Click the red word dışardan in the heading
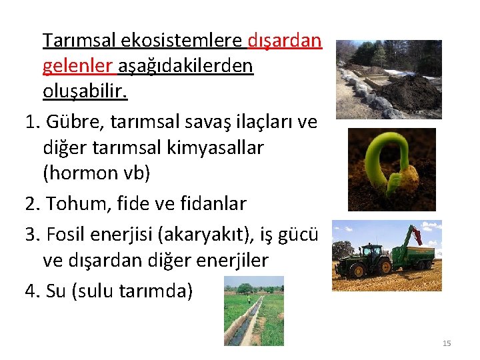pyautogui.click(x=285, y=41)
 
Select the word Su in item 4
pyautogui.click(x=57, y=291)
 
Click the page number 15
pyautogui.click(x=447, y=343)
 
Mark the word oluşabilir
pyautogui.click(x=85, y=91)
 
